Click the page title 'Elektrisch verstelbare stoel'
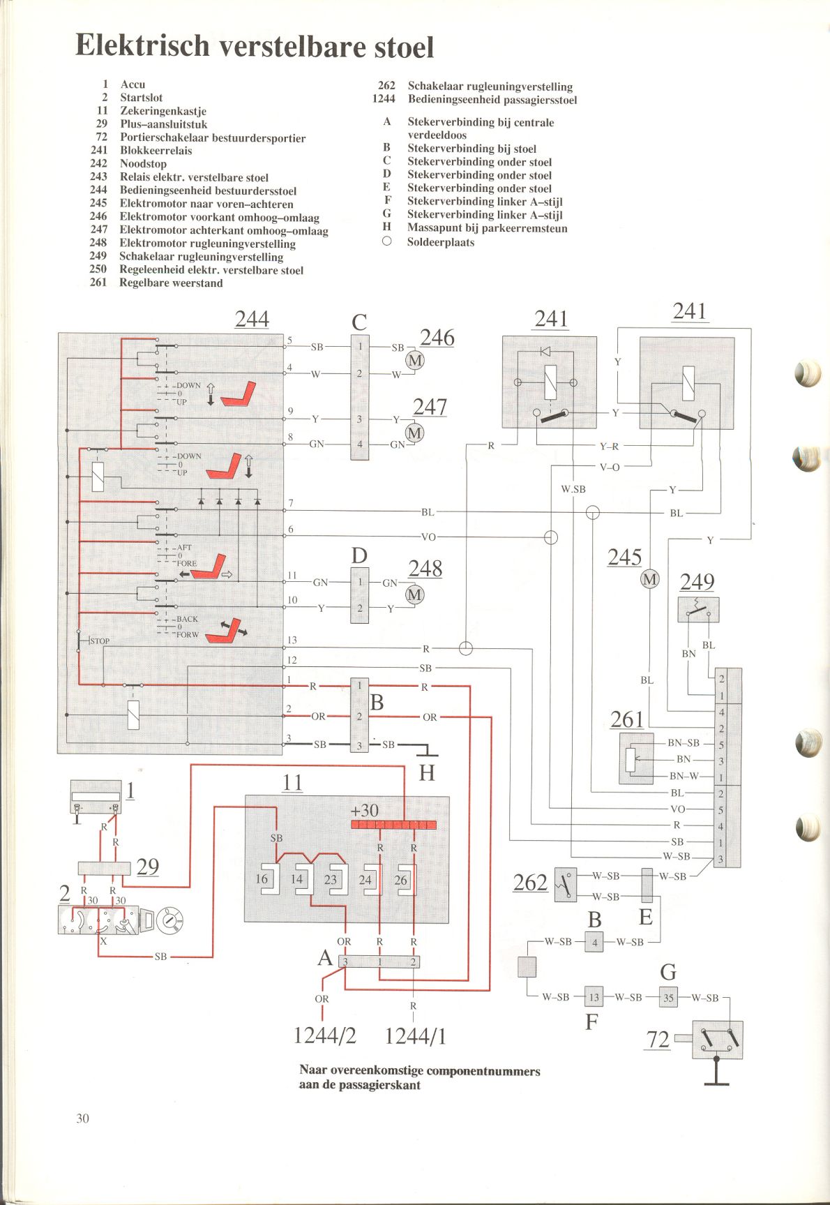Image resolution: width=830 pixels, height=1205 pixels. pos(255,46)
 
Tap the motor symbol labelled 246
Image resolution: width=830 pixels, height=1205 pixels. pos(415,360)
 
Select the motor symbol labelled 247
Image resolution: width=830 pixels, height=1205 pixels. pos(414,433)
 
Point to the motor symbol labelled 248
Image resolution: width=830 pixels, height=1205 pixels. pos(415,594)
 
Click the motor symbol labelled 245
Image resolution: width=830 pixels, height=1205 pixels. pos(649,579)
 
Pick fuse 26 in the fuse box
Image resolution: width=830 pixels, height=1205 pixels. pos(404,881)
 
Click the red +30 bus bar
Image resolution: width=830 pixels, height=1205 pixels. pos(394,825)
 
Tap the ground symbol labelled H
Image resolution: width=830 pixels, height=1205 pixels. pos(426,750)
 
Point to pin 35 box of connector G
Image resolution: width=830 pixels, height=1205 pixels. pos(668,998)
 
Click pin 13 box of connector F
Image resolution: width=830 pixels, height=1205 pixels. pos(594,998)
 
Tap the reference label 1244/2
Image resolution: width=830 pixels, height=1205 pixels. pos(325,1035)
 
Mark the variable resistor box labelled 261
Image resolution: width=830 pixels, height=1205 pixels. pos(636,758)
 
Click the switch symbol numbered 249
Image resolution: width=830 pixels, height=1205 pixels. pos(698,610)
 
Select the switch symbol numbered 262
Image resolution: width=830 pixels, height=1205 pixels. pos(566,885)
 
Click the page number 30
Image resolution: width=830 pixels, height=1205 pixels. pos(83,1118)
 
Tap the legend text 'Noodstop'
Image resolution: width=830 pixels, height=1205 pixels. pos(143,163)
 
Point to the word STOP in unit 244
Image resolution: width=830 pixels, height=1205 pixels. pos(100,641)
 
